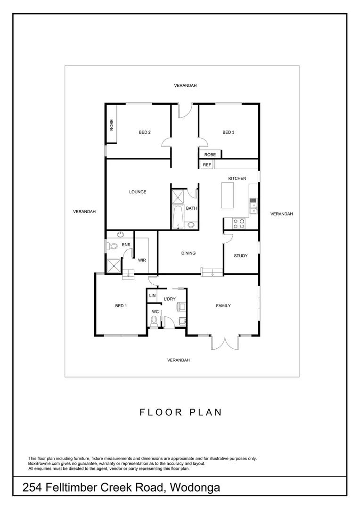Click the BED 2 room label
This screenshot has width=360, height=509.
click(x=145, y=132)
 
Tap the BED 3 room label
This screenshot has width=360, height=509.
click(x=229, y=132)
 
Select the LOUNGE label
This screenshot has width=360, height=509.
click(x=138, y=192)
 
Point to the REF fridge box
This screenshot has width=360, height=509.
click(x=206, y=164)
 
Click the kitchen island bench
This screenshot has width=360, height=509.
click(x=228, y=196)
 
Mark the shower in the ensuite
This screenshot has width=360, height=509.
click(x=114, y=266)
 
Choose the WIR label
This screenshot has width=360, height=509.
click(x=142, y=260)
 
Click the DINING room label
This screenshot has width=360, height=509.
click(x=188, y=253)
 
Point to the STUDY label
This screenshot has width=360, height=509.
click(x=241, y=256)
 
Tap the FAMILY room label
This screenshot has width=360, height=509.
click(x=223, y=306)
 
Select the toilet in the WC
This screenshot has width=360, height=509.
click(x=153, y=321)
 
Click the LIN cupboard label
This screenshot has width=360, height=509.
click(x=152, y=296)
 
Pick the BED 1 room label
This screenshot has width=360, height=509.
click(x=121, y=306)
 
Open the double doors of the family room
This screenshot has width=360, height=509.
click(x=225, y=343)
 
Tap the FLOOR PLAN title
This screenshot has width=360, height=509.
click(x=180, y=412)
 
